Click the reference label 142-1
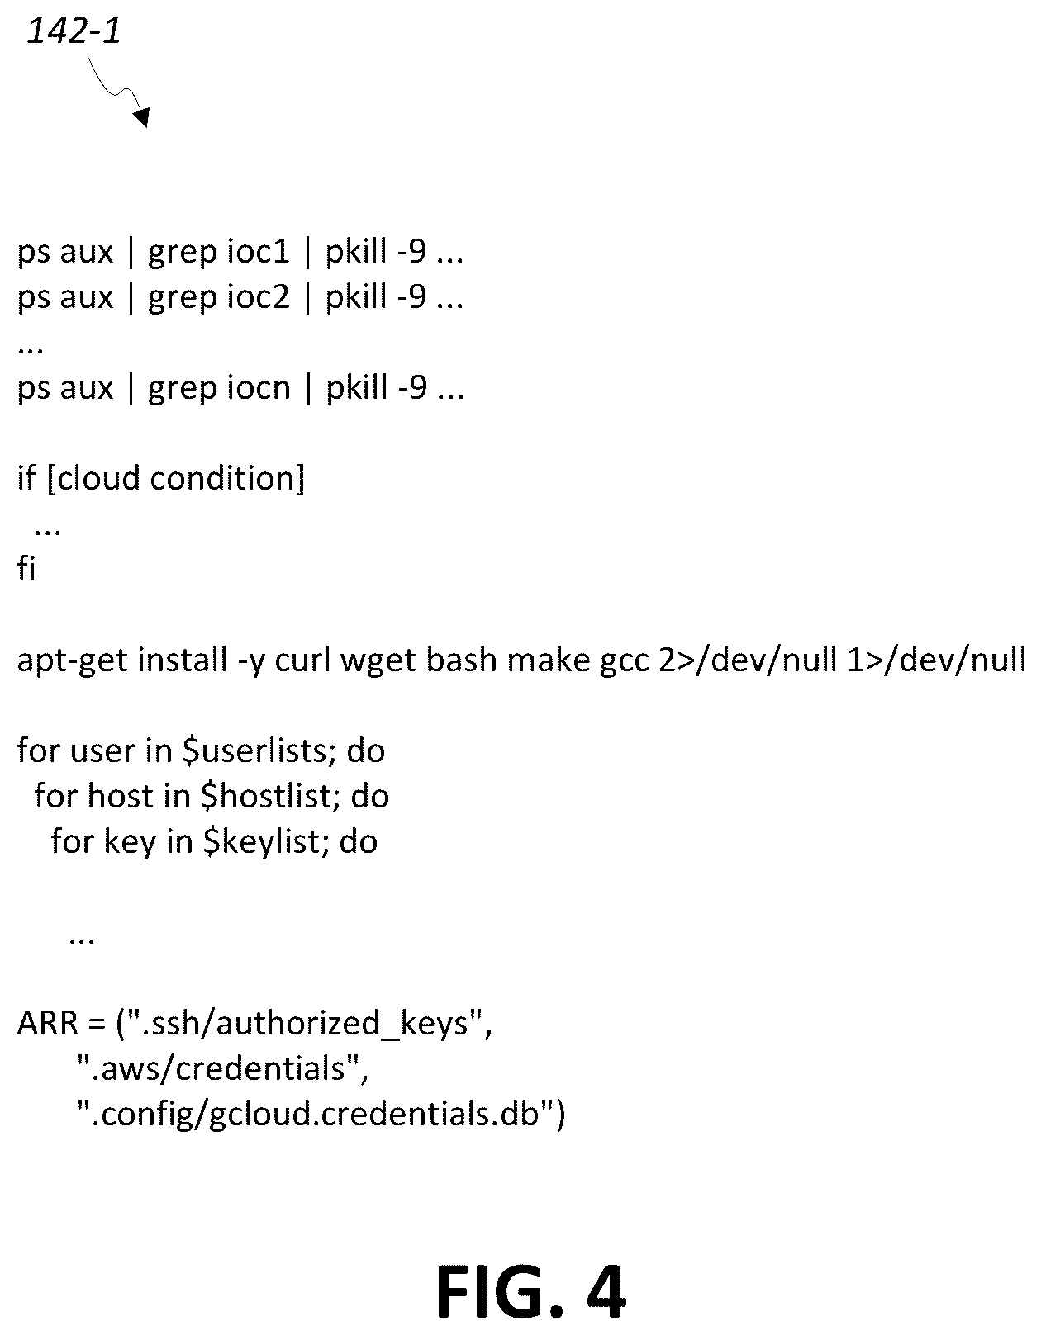click(74, 31)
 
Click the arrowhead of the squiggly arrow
click(143, 116)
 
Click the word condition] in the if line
click(227, 478)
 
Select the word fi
click(26, 567)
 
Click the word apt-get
click(73, 661)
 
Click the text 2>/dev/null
click(748, 660)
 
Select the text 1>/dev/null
click(937, 660)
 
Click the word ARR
click(48, 1024)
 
